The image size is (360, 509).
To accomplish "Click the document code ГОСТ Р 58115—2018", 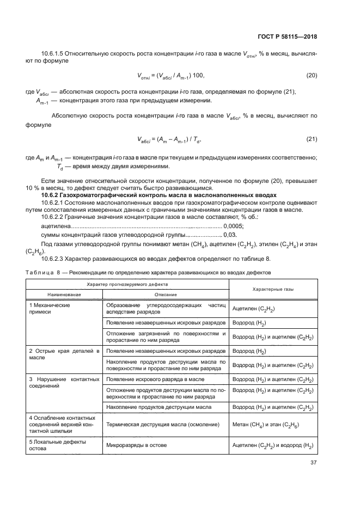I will [x=288, y=37].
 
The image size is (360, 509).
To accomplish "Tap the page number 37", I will [x=313, y=463].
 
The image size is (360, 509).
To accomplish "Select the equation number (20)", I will [x=311, y=75].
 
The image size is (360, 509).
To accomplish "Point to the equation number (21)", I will [x=311, y=140].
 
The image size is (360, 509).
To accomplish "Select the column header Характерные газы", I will [x=272, y=290].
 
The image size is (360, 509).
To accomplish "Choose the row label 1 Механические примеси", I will [x=50, y=309].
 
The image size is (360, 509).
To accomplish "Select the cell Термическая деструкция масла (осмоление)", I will [x=163, y=425].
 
